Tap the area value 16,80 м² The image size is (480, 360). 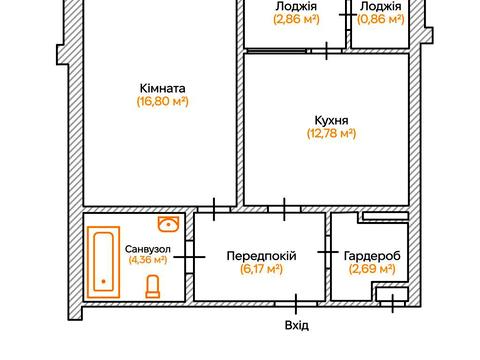click(163, 101)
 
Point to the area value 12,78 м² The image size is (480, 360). click(330, 133)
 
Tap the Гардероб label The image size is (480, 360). click(372, 255)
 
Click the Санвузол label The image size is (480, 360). click(147, 247)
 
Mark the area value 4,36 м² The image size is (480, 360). click(147, 260)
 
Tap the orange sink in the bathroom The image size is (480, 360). click(169, 223)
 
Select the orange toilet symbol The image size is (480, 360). click(152, 288)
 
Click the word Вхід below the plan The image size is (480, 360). click(297, 325)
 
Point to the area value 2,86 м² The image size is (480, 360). click(295, 19)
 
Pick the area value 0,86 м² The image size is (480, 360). click(380, 19)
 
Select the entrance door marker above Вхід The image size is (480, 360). click(297, 301)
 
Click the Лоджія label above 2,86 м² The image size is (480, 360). click(295, 5)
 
